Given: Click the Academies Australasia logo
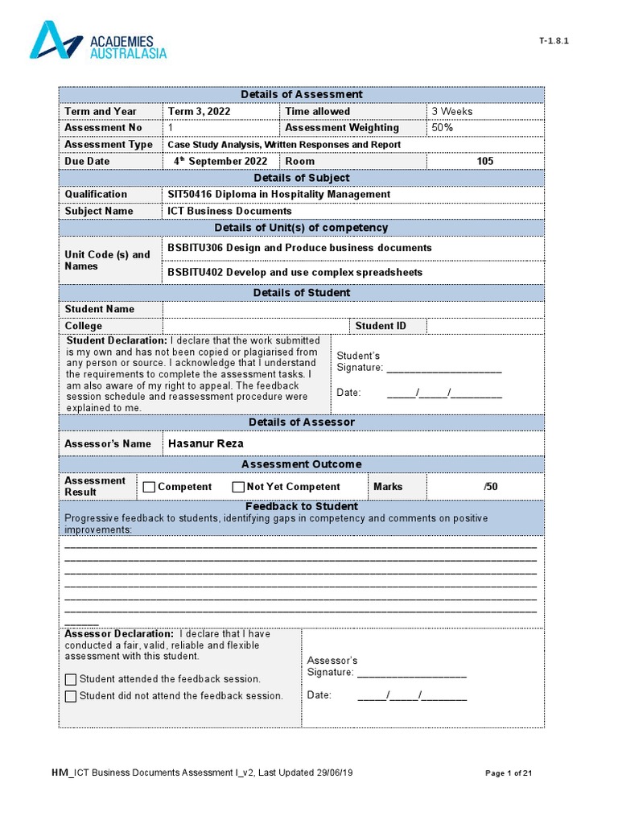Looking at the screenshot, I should tap(98, 41).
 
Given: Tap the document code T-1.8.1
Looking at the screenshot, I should tap(554, 41).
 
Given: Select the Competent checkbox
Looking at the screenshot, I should tap(149, 487).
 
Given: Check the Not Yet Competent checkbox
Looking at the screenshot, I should tap(238, 487).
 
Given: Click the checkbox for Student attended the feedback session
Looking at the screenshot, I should tap(71, 679).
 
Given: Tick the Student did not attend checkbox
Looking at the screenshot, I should tap(71, 696).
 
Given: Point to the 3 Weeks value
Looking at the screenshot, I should tap(452, 111).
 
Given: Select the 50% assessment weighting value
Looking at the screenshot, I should tap(443, 128).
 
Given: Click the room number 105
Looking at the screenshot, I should tap(484, 161).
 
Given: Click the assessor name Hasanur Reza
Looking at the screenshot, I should tap(205, 443).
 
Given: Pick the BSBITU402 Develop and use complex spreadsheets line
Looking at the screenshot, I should tap(295, 272).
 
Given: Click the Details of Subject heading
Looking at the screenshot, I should tap(301, 178).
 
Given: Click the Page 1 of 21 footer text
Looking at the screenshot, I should tap(509, 773).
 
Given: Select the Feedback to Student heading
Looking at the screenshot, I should tap(301, 506).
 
